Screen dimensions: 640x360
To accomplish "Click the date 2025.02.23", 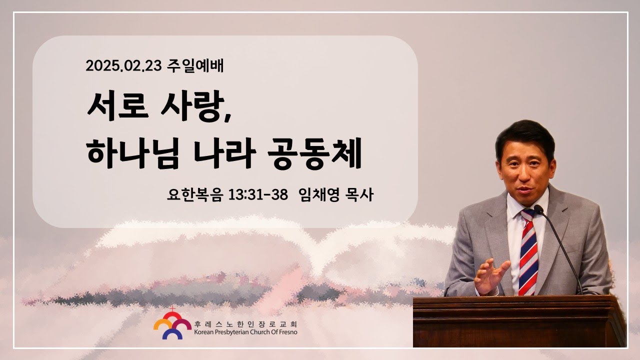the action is pyautogui.click(x=123, y=65).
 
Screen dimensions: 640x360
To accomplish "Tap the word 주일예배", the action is pyautogui.click(x=195, y=65).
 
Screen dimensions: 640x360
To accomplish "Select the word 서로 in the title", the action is pyautogui.click(x=117, y=105).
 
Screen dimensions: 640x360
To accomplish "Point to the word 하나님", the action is pyautogui.click(x=133, y=153).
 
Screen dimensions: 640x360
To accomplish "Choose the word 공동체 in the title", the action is pyautogui.click(x=315, y=153).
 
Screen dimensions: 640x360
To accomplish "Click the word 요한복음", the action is pyautogui.click(x=195, y=195).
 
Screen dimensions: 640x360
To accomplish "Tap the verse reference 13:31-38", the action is pyautogui.click(x=258, y=195).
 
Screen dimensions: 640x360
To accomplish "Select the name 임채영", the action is pyautogui.click(x=319, y=195).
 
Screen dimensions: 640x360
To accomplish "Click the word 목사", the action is pyautogui.click(x=359, y=195).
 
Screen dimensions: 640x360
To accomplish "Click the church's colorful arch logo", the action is pyautogui.click(x=172, y=324).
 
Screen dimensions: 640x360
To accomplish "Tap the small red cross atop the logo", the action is pyautogui.click(x=172, y=309).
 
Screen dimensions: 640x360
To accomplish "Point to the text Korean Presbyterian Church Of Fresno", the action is pyautogui.click(x=245, y=332).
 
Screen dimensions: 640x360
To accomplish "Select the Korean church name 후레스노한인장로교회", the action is pyautogui.click(x=245, y=324).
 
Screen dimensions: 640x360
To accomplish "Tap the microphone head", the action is pyautogui.click(x=538, y=209).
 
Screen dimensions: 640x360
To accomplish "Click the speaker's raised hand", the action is pyautogui.click(x=490, y=275).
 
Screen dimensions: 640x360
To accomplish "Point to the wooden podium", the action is pyautogui.click(x=519, y=321).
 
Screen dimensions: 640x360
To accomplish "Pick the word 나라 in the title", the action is pyautogui.click(x=225, y=153).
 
